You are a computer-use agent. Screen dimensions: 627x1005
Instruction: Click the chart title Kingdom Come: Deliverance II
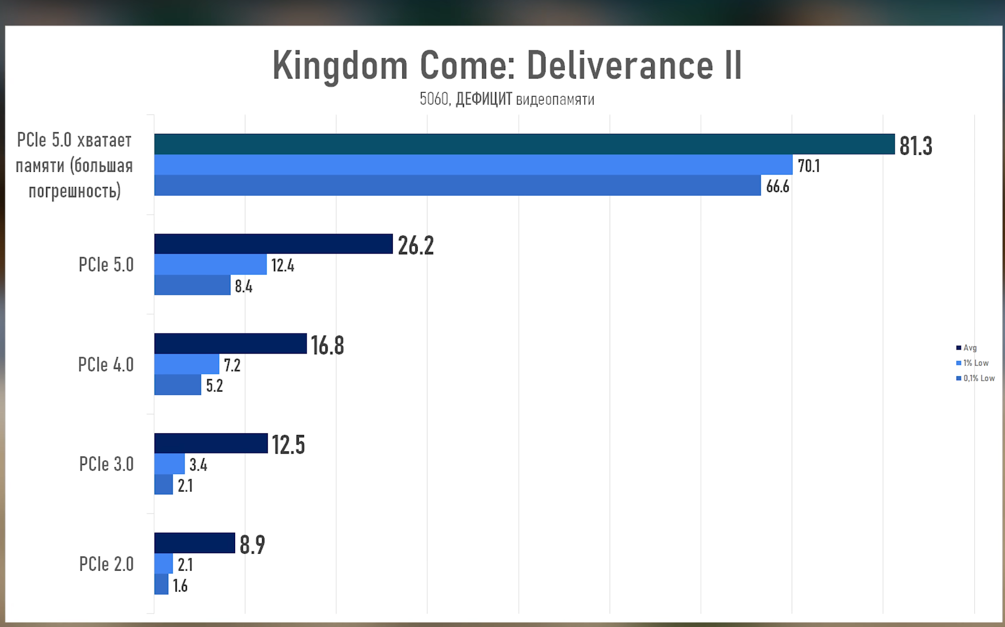tap(507, 65)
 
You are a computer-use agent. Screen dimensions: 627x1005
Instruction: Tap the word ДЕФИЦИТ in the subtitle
tap(484, 99)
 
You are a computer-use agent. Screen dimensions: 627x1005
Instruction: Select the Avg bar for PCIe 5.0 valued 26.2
tap(273, 244)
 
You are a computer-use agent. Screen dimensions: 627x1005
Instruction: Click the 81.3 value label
tap(915, 146)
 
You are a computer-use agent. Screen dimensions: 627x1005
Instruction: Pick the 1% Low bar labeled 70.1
tap(473, 165)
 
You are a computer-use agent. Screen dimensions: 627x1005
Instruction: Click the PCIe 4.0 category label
tap(106, 365)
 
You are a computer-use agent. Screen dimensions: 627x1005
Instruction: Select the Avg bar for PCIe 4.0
tap(230, 344)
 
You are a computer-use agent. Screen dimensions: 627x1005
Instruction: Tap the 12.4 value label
tap(282, 266)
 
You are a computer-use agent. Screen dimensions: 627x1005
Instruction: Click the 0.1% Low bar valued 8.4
tap(192, 285)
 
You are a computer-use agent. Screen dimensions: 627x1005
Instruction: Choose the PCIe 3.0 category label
tap(106, 464)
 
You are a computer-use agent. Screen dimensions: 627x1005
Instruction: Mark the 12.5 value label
tap(288, 445)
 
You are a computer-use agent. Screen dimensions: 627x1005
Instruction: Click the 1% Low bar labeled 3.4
tap(169, 464)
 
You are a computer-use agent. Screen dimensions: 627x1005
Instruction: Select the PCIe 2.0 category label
tap(106, 564)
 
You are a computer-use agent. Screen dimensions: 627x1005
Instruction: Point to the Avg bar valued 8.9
tap(194, 543)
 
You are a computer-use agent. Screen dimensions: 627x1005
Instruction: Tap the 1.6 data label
tap(180, 586)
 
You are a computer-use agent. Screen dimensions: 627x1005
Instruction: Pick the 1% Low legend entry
tap(972, 363)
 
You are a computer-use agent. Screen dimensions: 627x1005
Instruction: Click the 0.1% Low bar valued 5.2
tap(177, 385)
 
